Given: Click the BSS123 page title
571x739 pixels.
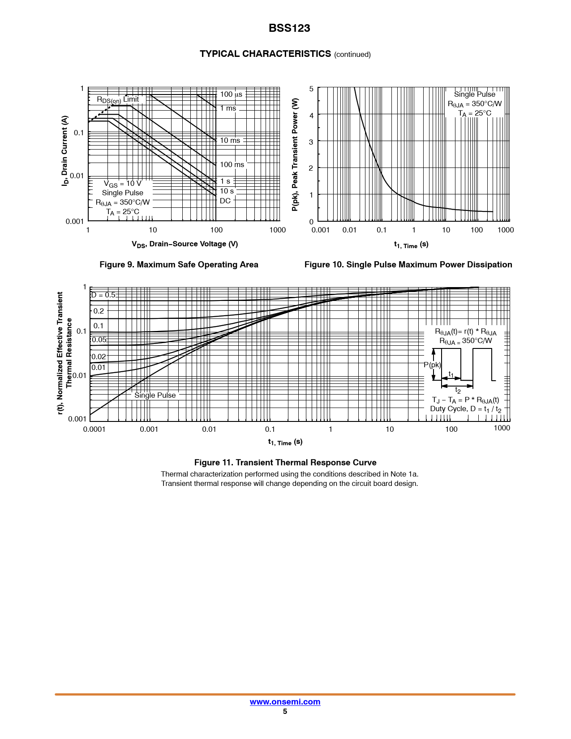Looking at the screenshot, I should (x=289, y=28).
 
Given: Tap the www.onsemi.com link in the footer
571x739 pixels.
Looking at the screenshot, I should (x=285, y=702).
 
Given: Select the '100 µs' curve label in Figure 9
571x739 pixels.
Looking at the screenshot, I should (x=231, y=95).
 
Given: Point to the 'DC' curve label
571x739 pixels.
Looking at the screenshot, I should (x=225, y=201).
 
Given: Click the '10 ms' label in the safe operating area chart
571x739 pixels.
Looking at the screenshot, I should (x=230, y=141).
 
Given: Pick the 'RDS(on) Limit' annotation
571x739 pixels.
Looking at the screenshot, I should (x=118, y=99).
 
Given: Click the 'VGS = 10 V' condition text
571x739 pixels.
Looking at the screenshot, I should (x=122, y=184).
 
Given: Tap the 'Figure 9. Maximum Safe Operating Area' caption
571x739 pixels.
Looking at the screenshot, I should (x=179, y=265).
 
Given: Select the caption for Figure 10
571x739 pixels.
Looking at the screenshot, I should (x=408, y=265).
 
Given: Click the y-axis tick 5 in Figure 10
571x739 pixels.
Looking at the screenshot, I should (x=311, y=89).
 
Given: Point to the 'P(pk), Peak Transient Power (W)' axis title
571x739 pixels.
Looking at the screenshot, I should (x=295, y=155).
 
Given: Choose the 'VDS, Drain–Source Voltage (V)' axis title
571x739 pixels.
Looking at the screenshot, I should (x=185, y=244).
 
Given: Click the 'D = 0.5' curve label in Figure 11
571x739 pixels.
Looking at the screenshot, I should (x=103, y=295).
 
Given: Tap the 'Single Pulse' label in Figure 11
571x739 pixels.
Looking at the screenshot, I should (x=155, y=395).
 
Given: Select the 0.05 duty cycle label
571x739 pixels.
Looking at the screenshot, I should (x=99, y=340).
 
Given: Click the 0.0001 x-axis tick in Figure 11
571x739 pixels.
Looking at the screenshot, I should (x=94, y=429).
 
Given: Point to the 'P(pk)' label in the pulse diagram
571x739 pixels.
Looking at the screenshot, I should (x=432, y=365).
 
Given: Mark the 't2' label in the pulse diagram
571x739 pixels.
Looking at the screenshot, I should (x=458, y=391).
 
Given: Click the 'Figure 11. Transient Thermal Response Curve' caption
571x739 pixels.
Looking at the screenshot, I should (x=285, y=463).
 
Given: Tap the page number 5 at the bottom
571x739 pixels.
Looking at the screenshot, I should (x=285, y=712).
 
